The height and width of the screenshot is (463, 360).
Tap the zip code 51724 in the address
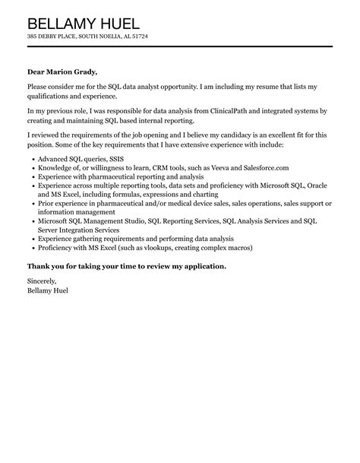click(x=139, y=36)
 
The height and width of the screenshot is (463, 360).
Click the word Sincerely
click(x=42, y=281)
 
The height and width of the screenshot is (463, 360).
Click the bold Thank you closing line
click(x=126, y=266)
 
